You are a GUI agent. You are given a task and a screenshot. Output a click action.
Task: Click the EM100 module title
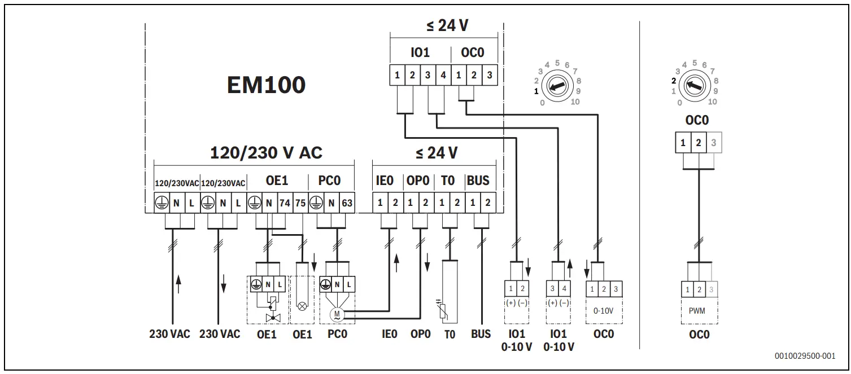pos(266,85)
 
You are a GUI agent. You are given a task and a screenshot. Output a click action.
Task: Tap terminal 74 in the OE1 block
pos(285,203)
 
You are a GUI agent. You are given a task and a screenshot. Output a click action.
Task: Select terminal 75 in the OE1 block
pos(300,203)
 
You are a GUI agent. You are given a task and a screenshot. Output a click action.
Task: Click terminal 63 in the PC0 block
pos(346,203)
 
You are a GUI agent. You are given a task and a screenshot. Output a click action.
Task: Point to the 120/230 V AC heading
pos(266,153)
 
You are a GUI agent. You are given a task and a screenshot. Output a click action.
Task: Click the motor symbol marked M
pos(338,314)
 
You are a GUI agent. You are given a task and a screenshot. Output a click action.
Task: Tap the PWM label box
pos(699,311)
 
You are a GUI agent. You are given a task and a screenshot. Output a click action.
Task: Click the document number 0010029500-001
pos(805,356)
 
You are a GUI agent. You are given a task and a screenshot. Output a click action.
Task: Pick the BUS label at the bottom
pos(481,334)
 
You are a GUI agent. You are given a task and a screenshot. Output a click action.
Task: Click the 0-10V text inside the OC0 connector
pos(604,310)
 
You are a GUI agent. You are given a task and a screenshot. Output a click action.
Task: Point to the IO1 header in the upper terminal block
pos(420,53)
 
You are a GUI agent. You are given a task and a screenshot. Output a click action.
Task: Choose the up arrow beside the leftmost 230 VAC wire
pos(179,283)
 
